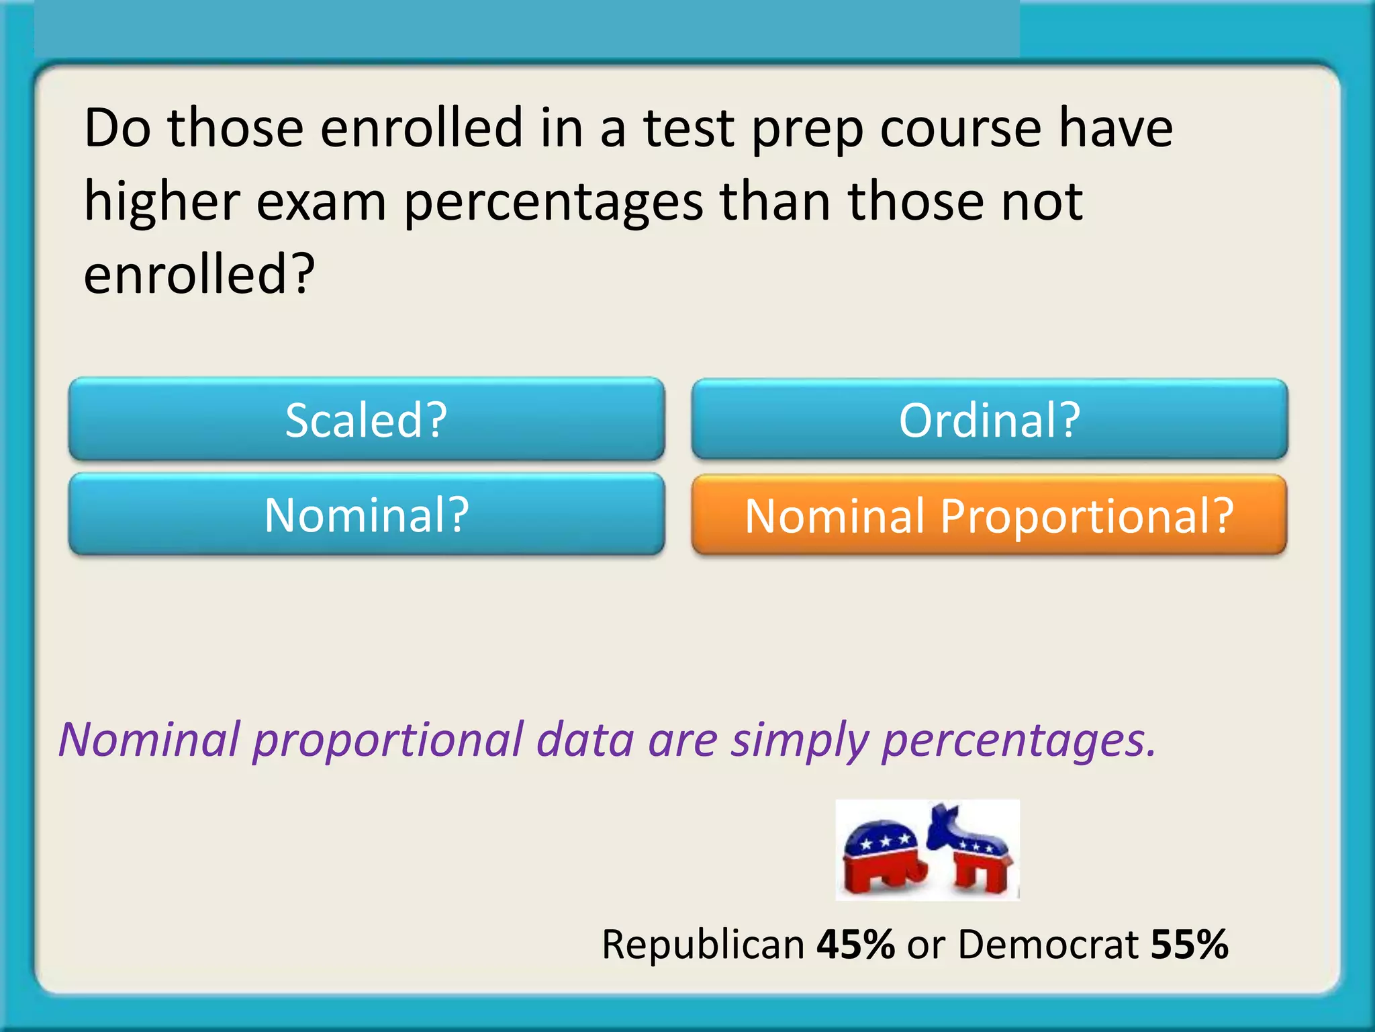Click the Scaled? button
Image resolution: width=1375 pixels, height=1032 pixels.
coord(367,420)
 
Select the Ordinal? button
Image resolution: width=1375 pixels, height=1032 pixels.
coord(990,420)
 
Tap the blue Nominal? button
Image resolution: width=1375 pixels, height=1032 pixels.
coord(367,515)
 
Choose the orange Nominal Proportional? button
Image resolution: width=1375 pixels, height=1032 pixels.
coord(990,515)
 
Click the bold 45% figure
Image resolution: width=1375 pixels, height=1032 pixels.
coord(855,944)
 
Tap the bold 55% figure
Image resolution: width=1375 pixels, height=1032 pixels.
coord(1190,944)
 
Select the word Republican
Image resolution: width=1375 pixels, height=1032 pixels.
coord(703,944)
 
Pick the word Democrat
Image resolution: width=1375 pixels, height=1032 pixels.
coord(1048,944)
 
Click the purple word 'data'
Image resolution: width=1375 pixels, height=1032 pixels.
coord(585,740)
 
